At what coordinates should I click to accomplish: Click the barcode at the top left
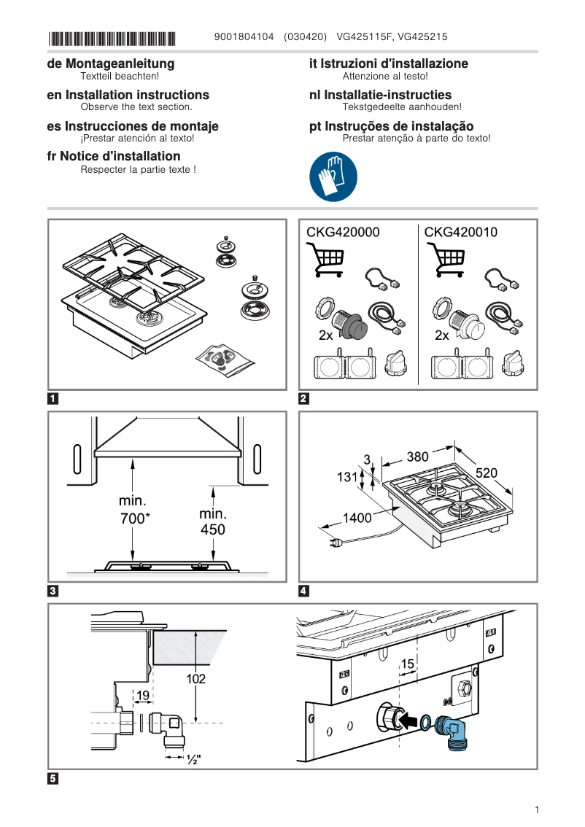(112, 38)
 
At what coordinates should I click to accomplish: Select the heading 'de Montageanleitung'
(110, 64)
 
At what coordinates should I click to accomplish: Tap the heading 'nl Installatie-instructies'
(380, 95)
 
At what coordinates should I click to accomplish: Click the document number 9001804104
(244, 36)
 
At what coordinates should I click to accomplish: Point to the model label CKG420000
(343, 233)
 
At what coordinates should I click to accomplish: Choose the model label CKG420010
(461, 233)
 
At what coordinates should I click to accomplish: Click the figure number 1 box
(53, 399)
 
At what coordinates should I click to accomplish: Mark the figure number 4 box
(304, 591)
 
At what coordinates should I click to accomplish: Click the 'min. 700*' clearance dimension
(133, 510)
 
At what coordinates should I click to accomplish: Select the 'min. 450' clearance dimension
(212, 521)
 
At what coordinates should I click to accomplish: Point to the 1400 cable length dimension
(357, 518)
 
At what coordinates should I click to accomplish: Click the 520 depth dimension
(487, 473)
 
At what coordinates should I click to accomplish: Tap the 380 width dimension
(417, 457)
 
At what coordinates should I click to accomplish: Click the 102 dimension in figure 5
(195, 679)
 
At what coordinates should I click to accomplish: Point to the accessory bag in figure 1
(225, 360)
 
